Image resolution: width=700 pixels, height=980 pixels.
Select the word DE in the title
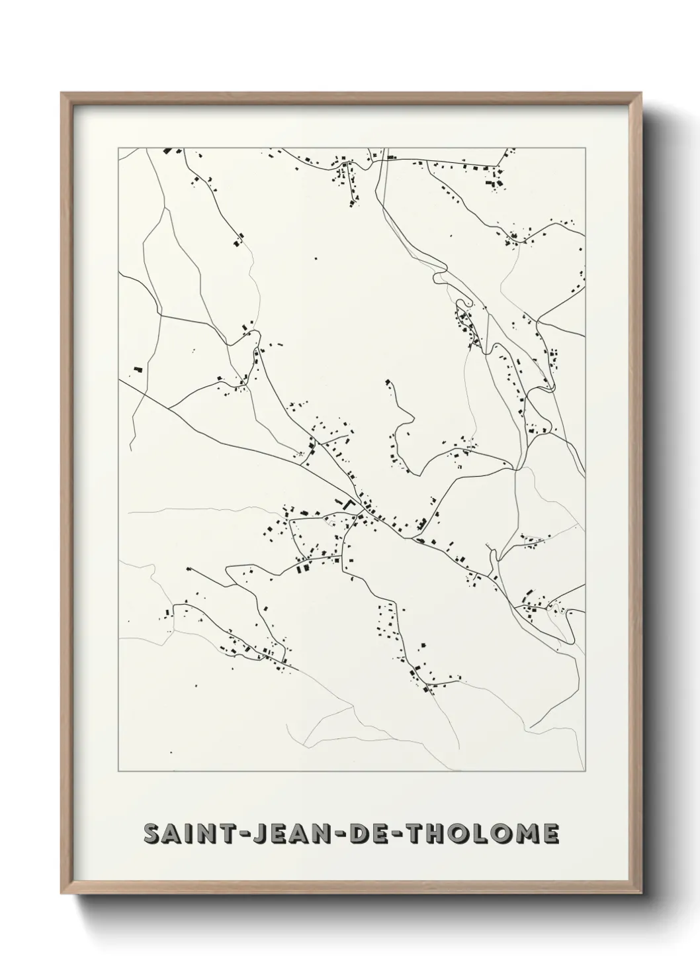click(367, 834)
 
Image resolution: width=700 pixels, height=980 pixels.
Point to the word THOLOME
click(482, 834)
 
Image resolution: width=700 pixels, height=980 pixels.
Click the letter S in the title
click(152, 834)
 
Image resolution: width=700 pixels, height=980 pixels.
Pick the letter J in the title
click(253, 834)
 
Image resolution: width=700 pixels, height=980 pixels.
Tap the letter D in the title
click(358, 834)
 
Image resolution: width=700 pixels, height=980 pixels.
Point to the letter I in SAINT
click(185, 834)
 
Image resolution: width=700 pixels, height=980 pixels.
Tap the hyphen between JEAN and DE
click(337, 834)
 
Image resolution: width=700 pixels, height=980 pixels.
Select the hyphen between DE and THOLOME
click(396, 834)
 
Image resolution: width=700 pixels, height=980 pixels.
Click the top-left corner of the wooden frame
click(62, 93)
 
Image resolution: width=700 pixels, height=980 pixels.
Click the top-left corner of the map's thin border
click(118, 148)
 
